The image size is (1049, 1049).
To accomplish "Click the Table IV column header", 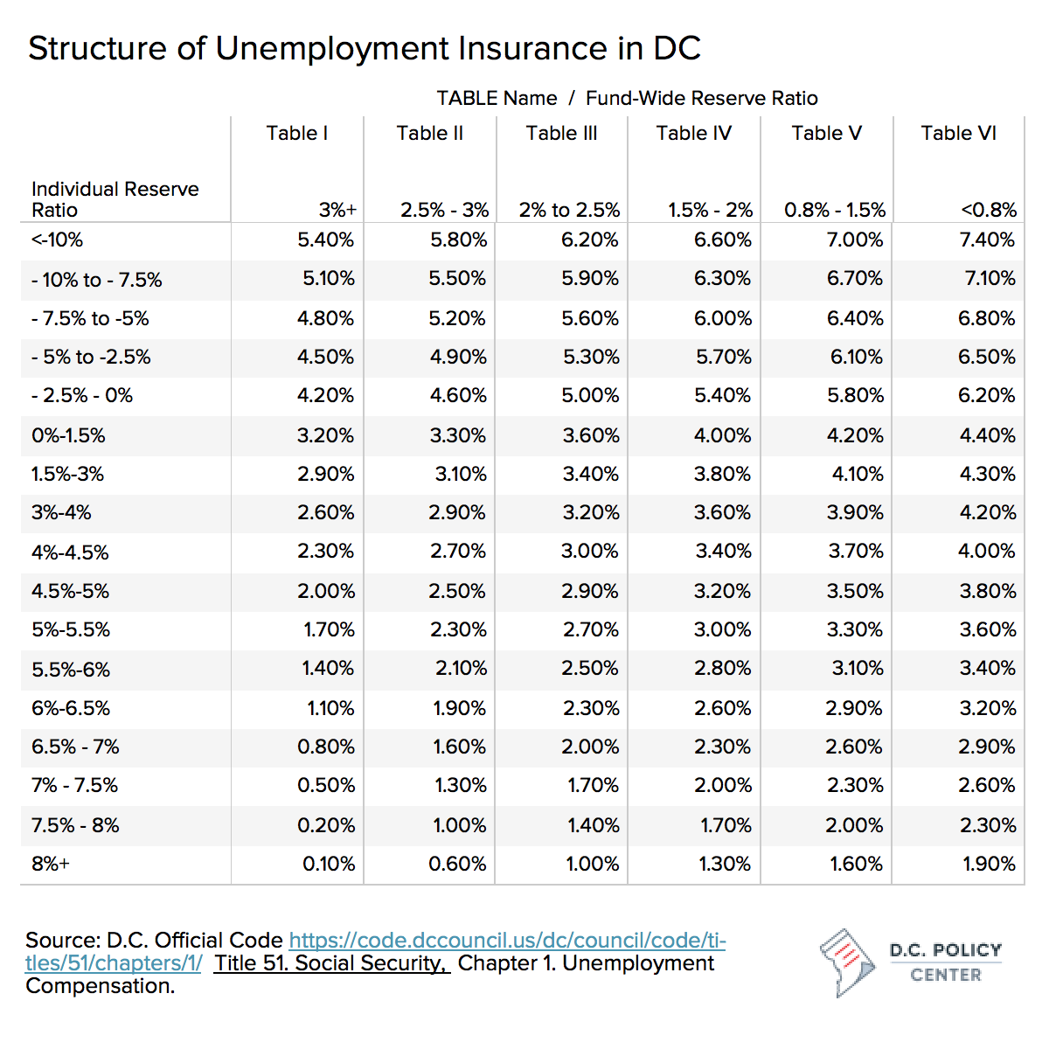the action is [693, 134].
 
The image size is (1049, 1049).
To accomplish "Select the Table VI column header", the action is [958, 134].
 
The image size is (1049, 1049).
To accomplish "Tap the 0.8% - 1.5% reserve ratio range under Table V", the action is [835, 210].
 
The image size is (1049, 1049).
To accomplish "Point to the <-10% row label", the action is [57, 240].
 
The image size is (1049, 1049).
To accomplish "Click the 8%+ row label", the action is [51, 864].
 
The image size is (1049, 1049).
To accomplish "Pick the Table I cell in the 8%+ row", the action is [329, 864].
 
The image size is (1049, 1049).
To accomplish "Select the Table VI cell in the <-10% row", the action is [987, 240].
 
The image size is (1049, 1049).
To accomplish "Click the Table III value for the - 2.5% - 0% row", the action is [590, 395].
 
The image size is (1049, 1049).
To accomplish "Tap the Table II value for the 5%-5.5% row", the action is [458, 629].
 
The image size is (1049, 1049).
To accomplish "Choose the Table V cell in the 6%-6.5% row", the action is [853, 708].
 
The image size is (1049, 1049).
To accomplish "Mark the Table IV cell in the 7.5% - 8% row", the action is [726, 825].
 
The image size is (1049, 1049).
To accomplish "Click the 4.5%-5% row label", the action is [70, 591].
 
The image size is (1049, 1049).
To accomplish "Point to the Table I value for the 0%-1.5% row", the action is [325, 435].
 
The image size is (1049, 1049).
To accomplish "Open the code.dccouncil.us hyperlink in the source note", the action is [376, 952].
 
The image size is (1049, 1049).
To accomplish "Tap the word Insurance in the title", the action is [531, 48].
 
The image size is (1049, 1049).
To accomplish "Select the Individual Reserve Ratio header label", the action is [115, 199].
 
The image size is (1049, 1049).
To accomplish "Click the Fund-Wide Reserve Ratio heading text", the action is [702, 99].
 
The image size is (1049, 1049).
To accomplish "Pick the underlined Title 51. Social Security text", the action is [331, 963].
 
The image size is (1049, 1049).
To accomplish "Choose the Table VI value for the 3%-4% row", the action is [988, 512].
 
